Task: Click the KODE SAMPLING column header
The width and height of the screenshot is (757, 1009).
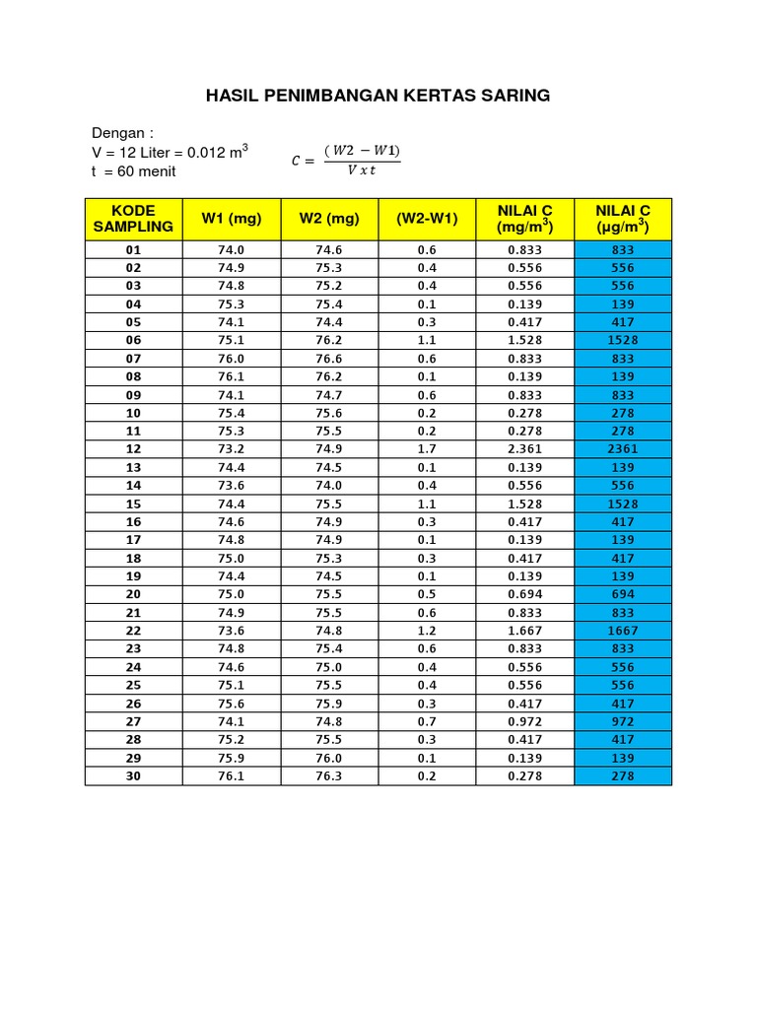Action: tap(133, 219)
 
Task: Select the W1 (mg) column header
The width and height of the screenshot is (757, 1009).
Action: tap(231, 219)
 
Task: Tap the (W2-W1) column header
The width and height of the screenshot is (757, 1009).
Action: tap(427, 219)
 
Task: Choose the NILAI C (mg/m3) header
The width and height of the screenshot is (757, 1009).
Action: tap(524, 219)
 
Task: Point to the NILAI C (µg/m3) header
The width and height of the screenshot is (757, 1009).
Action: tap(622, 219)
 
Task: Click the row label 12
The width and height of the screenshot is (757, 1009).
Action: tap(133, 449)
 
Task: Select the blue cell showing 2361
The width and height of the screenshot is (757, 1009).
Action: tap(622, 449)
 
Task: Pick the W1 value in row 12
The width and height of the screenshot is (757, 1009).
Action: tap(231, 449)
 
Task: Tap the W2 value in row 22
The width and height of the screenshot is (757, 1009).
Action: tap(329, 631)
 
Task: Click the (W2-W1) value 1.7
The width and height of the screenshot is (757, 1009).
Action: tap(427, 449)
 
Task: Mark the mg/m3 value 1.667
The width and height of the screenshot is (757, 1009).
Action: tap(524, 631)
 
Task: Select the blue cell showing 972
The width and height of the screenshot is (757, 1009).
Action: tap(622, 721)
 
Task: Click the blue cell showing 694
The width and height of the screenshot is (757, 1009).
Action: tap(622, 594)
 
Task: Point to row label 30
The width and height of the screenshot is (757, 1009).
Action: tap(133, 776)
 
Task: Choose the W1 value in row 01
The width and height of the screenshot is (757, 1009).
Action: tap(231, 250)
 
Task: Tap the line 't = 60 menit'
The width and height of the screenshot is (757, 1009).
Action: tap(133, 171)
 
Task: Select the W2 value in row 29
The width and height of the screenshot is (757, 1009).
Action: tap(329, 758)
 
